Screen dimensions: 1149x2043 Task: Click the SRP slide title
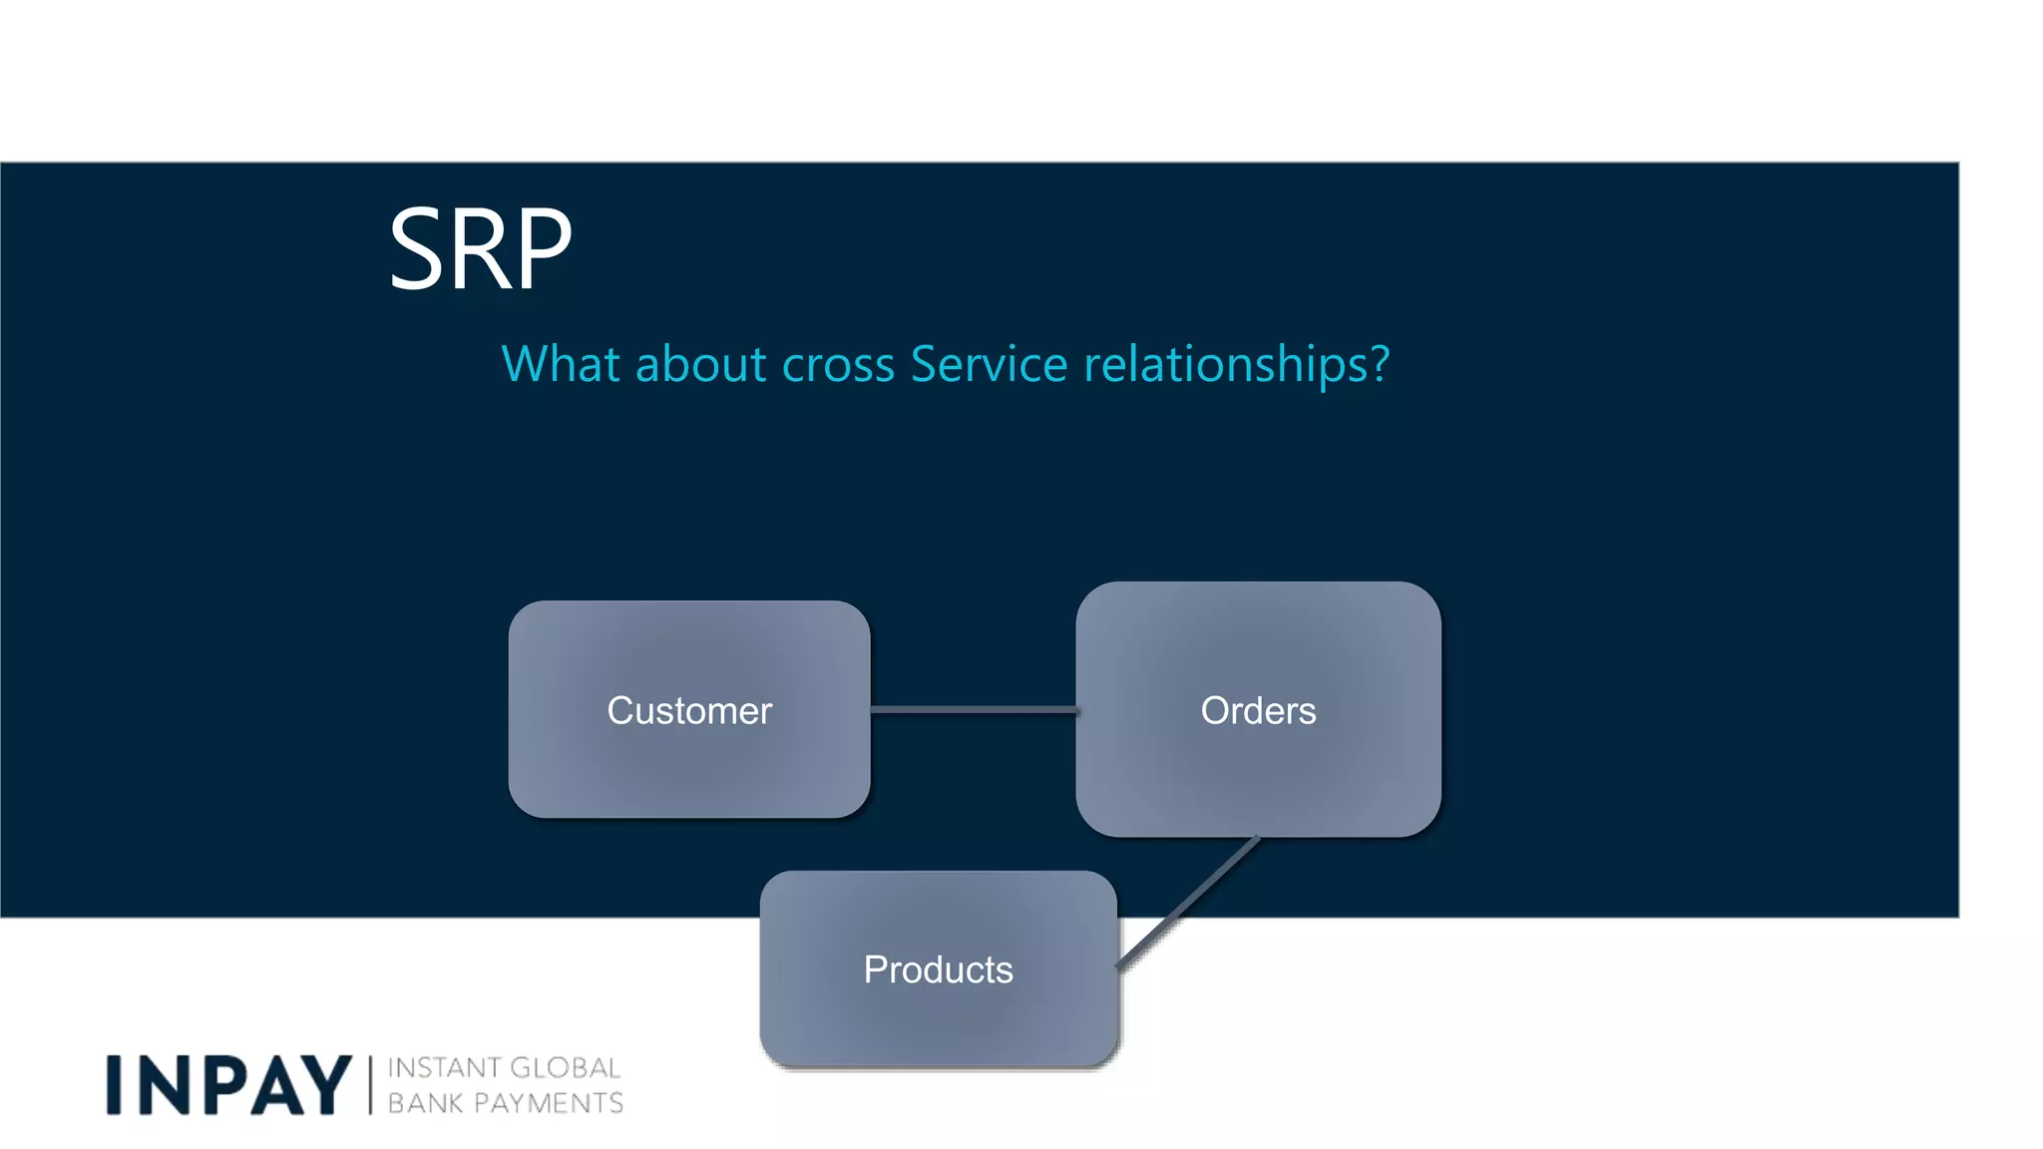click(x=480, y=248)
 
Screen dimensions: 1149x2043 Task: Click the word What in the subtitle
click(x=561, y=364)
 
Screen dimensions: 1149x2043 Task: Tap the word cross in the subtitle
click(x=838, y=365)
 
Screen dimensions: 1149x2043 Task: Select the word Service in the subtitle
click(x=989, y=364)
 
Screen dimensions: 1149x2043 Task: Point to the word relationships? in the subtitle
click(x=1236, y=365)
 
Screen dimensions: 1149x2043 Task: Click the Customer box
click(x=689, y=710)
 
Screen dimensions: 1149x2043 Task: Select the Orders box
click(x=1258, y=710)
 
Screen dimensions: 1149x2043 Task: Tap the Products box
click(x=938, y=969)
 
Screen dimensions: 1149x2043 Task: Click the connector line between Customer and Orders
click(x=973, y=710)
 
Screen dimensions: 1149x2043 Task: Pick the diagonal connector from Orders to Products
click(x=1187, y=903)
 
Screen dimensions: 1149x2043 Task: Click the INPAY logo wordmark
click(x=228, y=1085)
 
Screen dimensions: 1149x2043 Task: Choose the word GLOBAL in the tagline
click(x=566, y=1068)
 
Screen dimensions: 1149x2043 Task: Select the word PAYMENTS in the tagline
click(x=549, y=1103)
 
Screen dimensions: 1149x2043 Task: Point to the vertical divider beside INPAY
click(x=370, y=1085)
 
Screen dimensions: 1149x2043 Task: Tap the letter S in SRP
click(x=416, y=248)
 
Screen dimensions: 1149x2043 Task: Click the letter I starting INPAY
click(x=114, y=1085)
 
